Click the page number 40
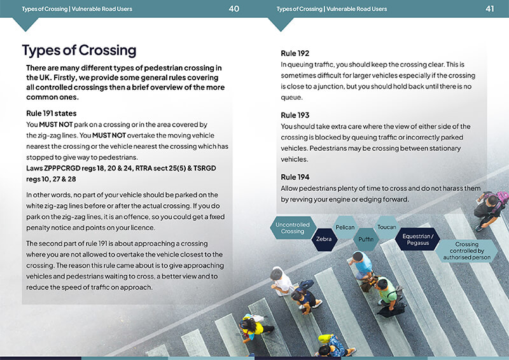(234, 9)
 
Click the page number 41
(489, 9)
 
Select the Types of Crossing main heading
(79, 51)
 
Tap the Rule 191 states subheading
(52, 113)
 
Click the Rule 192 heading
(295, 53)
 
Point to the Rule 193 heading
(295, 115)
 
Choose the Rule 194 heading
(295, 177)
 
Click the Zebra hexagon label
(324, 239)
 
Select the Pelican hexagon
(345, 227)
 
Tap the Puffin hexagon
(366, 239)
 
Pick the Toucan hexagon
(387, 227)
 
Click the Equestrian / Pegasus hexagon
(418, 239)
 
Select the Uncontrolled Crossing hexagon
(293, 228)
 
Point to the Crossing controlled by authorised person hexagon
(467, 251)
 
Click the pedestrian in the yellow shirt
(256, 328)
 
